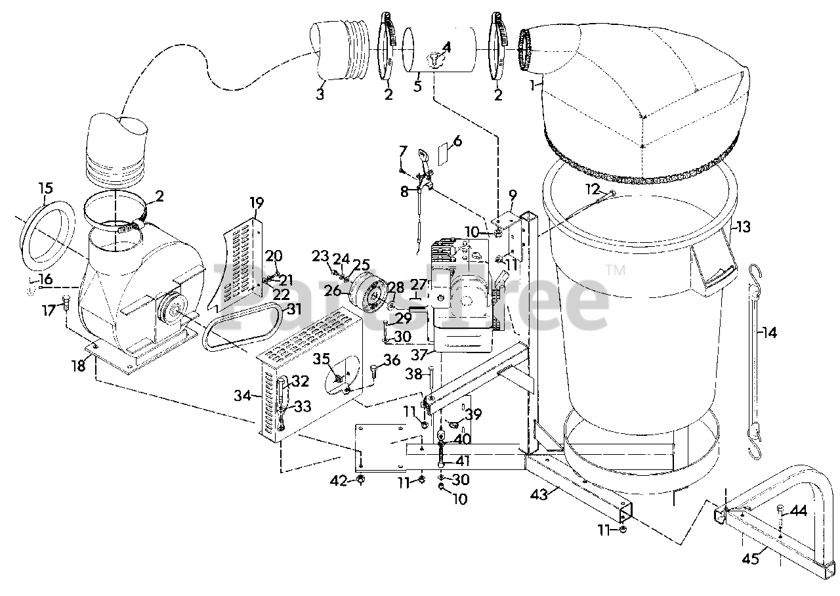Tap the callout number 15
[x=45, y=188]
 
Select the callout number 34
[x=242, y=395]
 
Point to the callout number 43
[x=539, y=496]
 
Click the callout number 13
[x=743, y=226]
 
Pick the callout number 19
[x=257, y=203]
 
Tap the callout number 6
[x=457, y=141]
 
